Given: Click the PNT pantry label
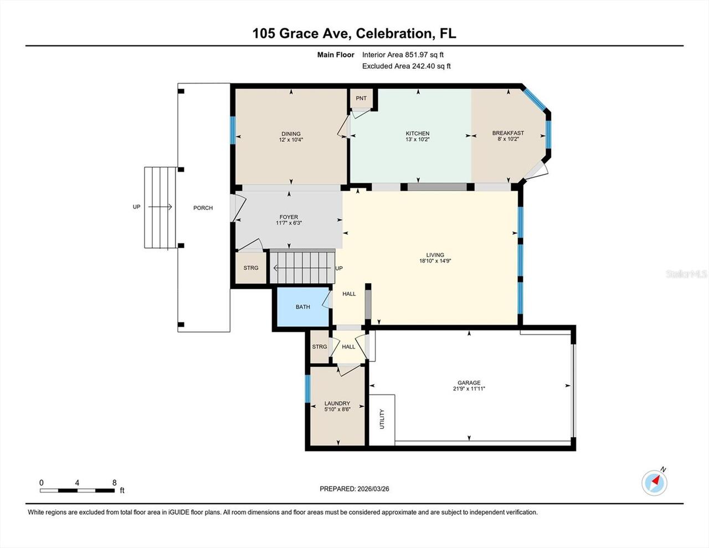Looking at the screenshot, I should (361, 99).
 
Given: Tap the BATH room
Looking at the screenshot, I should (302, 307).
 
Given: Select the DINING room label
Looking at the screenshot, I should (291, 134).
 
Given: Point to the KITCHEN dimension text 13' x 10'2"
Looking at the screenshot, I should (417, 140).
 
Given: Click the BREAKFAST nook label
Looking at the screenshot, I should (508, 133).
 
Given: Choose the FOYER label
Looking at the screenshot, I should (289, 217).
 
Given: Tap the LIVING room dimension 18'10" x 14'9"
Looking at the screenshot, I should (435, 261).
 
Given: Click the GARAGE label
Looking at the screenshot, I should (469, 383).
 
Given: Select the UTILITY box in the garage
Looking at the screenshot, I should (382, 419).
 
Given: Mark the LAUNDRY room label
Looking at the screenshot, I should (337, 403).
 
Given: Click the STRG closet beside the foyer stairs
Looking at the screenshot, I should (251, 268).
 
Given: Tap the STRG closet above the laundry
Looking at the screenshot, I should (320, 347).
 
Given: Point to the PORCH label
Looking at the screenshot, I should (203, 208).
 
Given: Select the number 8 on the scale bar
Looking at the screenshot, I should (115, 483).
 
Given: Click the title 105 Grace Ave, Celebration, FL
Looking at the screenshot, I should (354, 33).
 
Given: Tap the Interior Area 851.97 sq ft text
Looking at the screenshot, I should (403, 55).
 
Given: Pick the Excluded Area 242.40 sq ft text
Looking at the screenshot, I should (406, 66).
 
